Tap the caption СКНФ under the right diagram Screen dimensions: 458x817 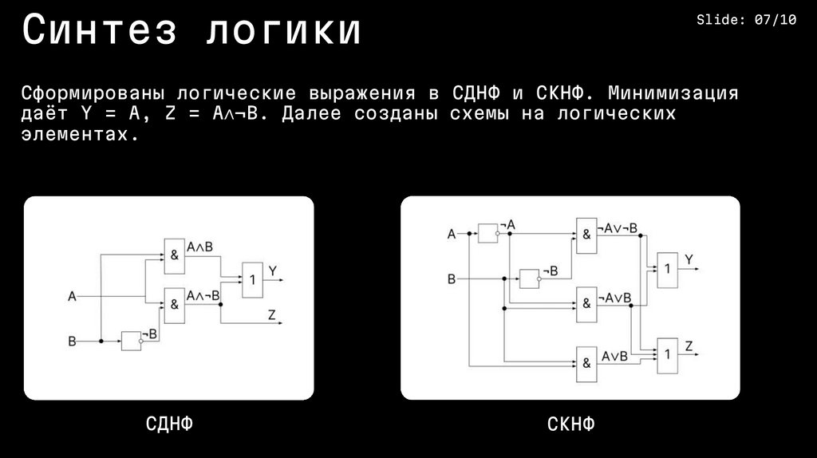click(570, 424)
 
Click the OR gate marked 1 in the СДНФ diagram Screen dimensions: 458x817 click(253, 279)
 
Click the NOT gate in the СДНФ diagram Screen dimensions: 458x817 click(131, 342)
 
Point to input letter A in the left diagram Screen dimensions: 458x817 click(72, 298)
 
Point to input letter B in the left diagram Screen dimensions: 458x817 click(72, 342)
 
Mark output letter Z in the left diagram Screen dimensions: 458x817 click(272, 315)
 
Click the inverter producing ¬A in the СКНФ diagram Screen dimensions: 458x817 click(487, 233)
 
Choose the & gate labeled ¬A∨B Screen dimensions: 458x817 click(586, 302)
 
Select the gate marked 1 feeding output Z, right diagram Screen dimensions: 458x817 click(666, 352)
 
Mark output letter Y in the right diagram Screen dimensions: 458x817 click(689, 259)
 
